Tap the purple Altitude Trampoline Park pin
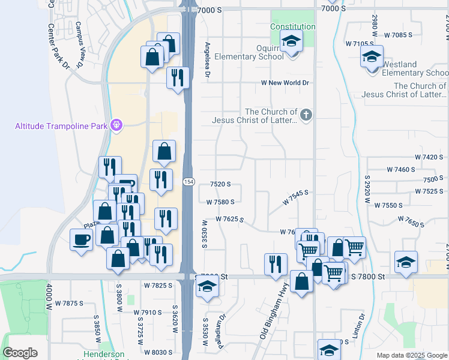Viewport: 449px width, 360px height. click(x=116, y=125)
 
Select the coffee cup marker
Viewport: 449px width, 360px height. click(x=81, y=241)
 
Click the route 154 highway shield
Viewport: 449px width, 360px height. click(x=188, y=182)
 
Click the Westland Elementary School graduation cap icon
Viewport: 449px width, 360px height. click(x=372, y=58)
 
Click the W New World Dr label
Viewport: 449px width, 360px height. click(x=285, y=83)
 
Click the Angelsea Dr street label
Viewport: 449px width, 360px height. click(x=208, y=59)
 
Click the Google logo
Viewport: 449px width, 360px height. click(x=20, y=353)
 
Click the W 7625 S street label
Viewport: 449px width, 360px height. click(x=229, y=220)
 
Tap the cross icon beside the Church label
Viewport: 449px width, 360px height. click(x=306, y=114)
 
